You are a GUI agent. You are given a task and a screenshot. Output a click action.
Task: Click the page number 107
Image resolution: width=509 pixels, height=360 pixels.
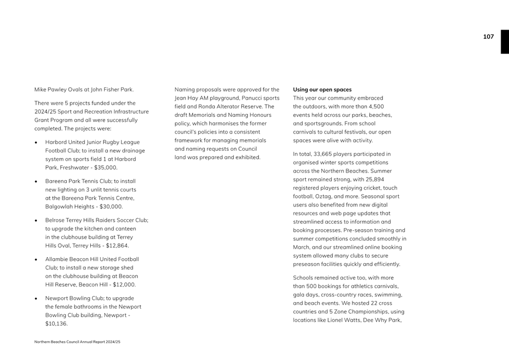(x=488, y=37)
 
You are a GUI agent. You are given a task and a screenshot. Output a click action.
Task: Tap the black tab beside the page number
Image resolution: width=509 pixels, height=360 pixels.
(x=505, y=42)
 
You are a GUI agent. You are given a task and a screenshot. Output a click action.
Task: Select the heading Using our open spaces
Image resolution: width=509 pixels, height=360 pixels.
(x=322, y=90)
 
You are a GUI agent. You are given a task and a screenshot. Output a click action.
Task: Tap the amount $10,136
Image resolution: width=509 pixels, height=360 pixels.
(x=56, y=323)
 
